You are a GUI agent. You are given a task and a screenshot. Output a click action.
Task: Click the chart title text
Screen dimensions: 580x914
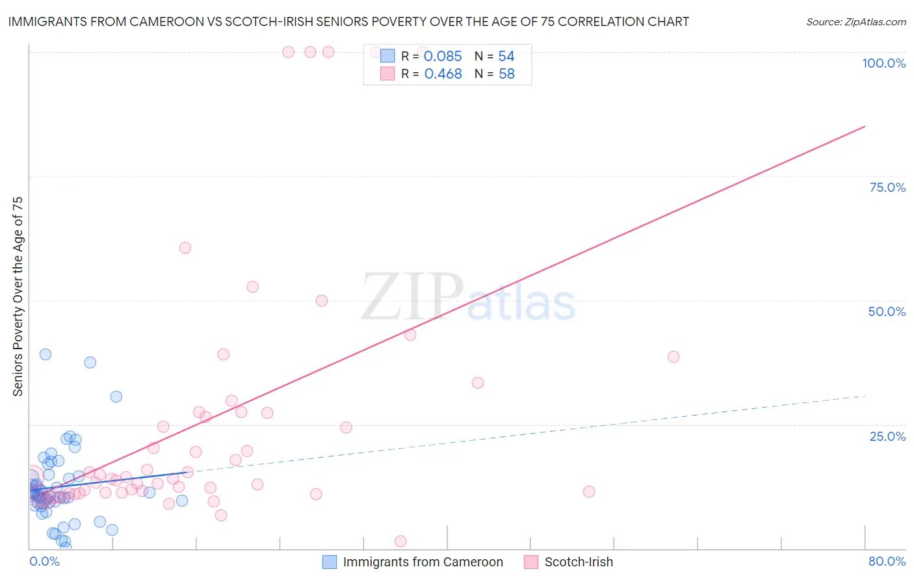point(348,22)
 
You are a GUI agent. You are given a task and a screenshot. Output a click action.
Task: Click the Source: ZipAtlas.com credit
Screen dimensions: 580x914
point(855,22)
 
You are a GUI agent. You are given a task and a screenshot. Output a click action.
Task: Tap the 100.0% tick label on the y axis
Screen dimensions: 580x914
point(883,63)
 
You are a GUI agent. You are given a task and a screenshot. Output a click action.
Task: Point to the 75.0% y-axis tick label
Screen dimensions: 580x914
point(887,187)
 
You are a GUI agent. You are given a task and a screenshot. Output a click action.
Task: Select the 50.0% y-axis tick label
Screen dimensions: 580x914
point(887,311)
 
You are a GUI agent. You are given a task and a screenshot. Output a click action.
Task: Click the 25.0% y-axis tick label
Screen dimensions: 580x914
point(887,436)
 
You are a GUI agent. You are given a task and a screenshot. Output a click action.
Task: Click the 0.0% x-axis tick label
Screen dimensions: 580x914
point(44,561)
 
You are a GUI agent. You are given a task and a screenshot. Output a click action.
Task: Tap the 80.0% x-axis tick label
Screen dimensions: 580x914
point(887,561)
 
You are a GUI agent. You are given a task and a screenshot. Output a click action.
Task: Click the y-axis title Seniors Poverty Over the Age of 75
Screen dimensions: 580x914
point(18,297)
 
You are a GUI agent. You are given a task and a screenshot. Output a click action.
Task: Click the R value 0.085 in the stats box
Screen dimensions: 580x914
point(443,57)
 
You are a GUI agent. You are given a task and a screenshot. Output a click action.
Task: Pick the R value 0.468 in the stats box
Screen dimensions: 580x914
point(443,74)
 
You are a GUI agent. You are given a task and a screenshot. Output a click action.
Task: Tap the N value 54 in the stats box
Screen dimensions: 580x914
point(506,57)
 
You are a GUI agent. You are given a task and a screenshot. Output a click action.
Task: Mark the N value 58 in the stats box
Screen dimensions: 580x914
point(506,74)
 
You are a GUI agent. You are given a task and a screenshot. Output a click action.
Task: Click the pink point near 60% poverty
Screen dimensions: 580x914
point(185,248)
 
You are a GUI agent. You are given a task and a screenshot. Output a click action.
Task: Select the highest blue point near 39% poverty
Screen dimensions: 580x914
point(46,354)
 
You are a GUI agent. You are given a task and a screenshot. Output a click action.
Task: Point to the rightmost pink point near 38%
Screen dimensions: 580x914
point(673,357)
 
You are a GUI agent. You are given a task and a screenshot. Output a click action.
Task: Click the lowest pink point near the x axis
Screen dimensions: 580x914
point(400,542)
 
